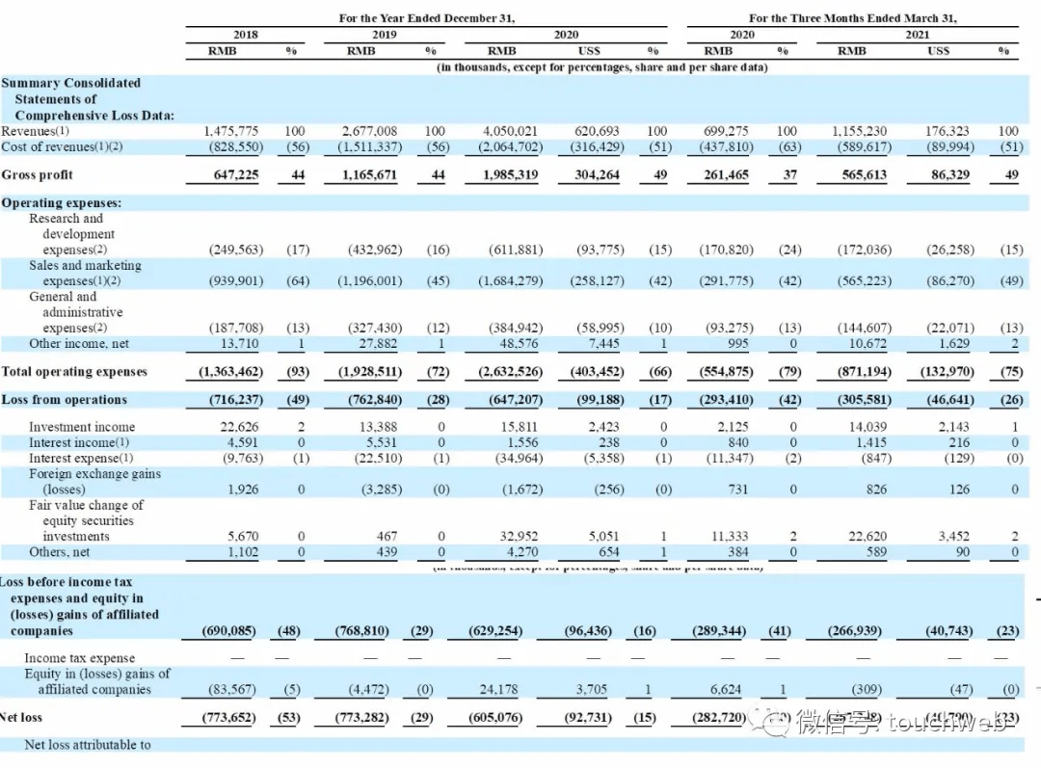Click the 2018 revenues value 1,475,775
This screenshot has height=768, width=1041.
(x=231, y=131)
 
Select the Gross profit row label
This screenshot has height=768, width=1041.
(x=38, y=175)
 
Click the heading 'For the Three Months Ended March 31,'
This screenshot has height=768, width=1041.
(x=852, y=18)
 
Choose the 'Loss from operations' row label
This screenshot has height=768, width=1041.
(x=65, y=400)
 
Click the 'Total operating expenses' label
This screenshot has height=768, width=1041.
(x=74, y=372)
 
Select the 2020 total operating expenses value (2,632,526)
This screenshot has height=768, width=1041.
(x=510, y=372)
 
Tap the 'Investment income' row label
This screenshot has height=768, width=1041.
(x=82, y=427)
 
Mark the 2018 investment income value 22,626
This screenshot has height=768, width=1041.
(x=237, y=427)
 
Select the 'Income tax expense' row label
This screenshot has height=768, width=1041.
(x=80, y=658)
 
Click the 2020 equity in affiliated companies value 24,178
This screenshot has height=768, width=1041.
(x=519, y=689)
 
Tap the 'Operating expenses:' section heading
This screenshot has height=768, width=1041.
(x=61, y=203)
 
